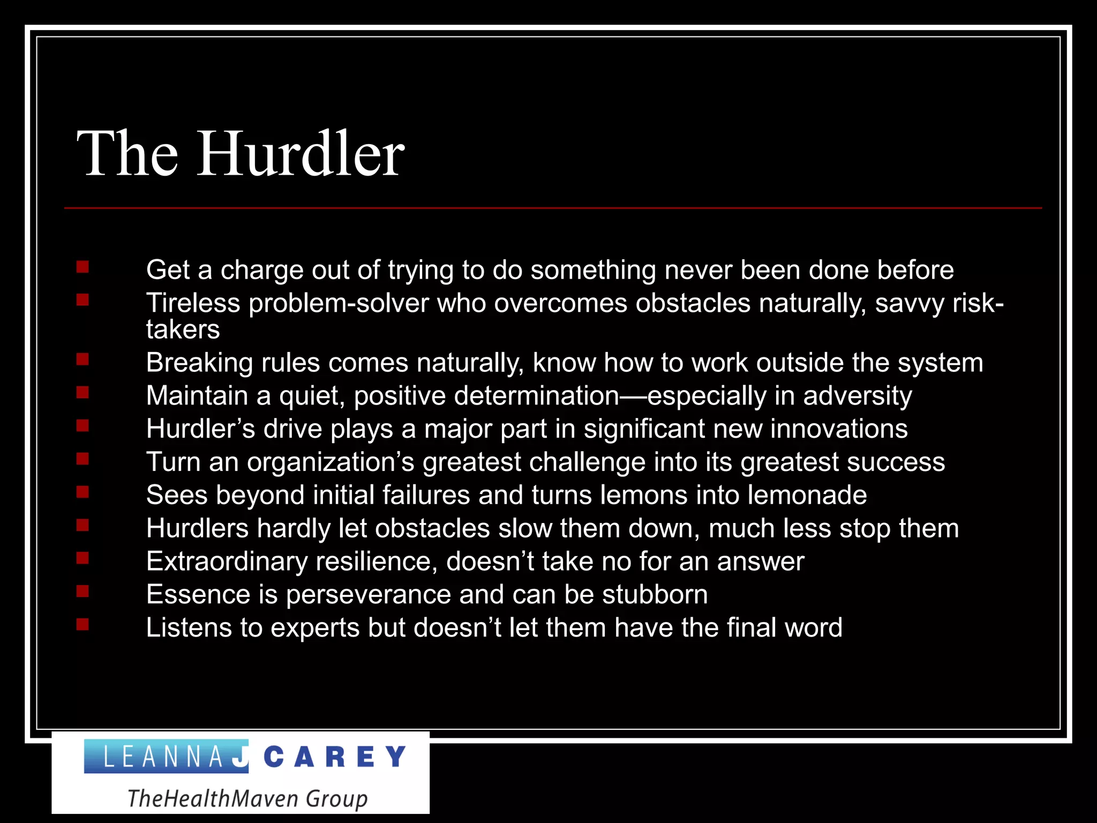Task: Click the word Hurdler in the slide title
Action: pos(302,154)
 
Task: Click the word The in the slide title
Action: pos(127,154)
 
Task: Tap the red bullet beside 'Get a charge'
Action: pos(82,267)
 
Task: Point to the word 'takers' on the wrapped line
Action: pos(183,330)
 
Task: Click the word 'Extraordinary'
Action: pos(226,562)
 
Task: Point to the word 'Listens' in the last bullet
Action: pos(189,628)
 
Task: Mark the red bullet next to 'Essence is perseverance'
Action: pos(82,592)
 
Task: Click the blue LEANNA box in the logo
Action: pos(166,757)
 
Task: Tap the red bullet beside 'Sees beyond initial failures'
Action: pos(82,492)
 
